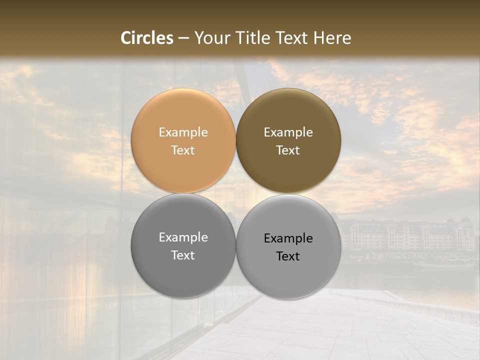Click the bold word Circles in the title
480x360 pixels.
point(146,38)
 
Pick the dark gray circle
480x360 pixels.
point(183,275)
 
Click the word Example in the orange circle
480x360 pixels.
point(183,132)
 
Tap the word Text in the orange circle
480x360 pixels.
point(183,150)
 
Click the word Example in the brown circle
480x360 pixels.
point(288,132)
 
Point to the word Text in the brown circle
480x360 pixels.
point(288,150)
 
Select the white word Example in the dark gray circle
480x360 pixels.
point(183,237)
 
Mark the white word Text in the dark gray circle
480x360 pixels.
point(183,255)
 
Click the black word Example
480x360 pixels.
point(288,238)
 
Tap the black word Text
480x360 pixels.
point(288,256)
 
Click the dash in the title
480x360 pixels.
point(183,38)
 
